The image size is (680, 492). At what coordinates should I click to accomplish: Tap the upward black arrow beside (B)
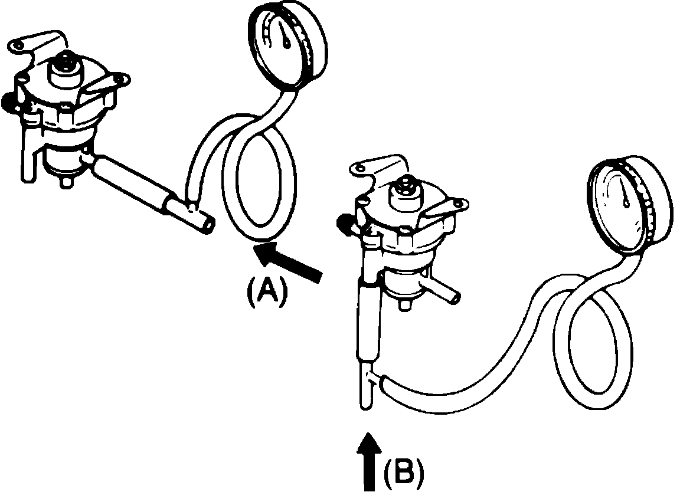[x=369, y=460]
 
